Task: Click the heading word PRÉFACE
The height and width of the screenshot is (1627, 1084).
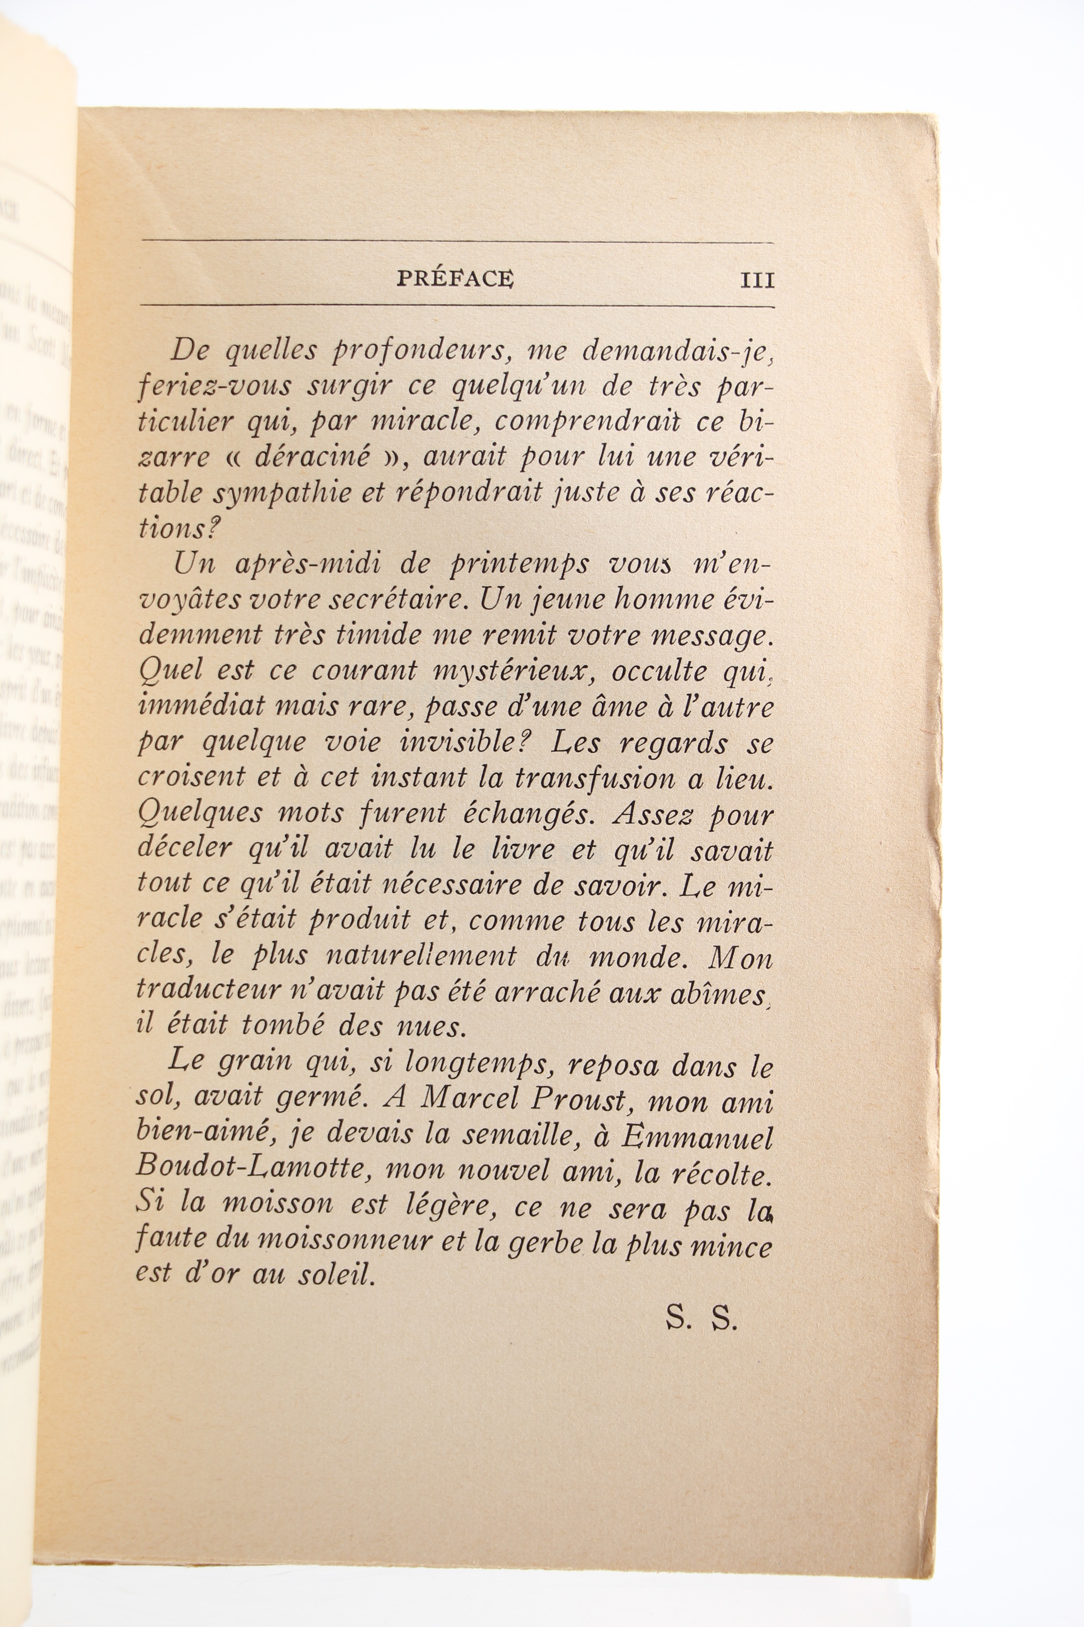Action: point(455,278)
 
